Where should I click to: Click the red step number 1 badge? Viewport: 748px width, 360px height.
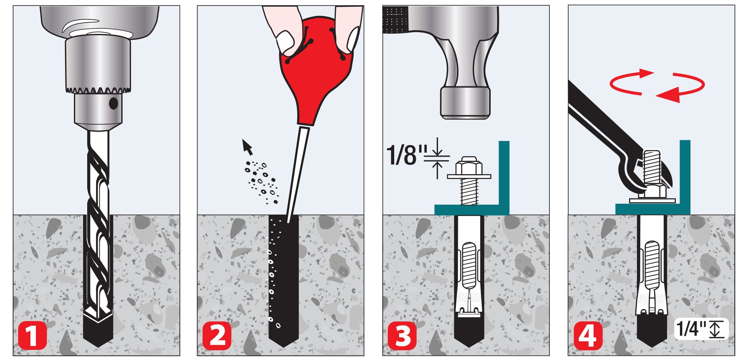32,335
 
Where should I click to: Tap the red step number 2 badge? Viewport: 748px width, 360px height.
217,335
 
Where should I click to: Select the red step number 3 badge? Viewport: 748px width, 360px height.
402,335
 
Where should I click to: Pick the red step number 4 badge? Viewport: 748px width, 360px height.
588,335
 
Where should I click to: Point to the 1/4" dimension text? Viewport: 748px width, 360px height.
692,329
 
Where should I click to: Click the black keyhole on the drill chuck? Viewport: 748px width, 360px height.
114,104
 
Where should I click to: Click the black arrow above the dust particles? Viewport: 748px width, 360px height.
247,147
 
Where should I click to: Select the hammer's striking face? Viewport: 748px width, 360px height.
465,103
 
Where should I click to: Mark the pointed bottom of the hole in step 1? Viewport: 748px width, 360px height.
98,346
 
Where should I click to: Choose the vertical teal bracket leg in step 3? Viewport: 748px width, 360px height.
504,178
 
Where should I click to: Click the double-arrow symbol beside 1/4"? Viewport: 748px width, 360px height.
715,329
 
